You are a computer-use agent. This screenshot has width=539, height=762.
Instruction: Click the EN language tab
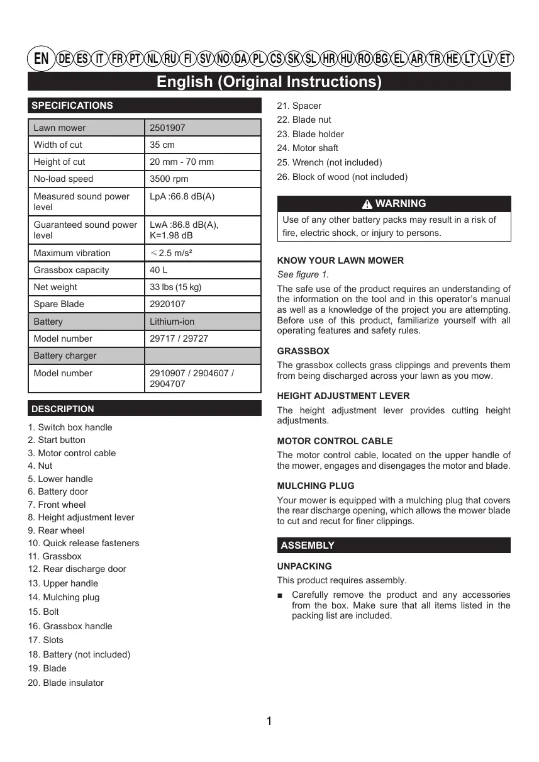click(x=41, y=59)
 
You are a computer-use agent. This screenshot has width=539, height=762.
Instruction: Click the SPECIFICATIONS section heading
click(x=72, y=106)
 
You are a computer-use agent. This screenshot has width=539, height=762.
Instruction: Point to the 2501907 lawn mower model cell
click(x=167, y=128)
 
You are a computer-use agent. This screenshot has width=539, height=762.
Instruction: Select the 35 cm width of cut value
click(x=162, y=145)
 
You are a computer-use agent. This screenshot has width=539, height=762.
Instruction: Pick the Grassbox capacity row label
click(x=71, y=270)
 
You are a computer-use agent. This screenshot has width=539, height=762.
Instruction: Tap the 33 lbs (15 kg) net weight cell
click(x=175, y=287)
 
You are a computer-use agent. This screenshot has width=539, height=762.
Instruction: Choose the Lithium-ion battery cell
click(x=172, y=322)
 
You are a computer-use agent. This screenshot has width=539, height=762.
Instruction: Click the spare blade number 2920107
click(x=167, y=304)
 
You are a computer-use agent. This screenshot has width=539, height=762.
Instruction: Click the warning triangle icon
click(x=367, y=204)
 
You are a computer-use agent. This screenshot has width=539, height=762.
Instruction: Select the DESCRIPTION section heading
click(x=63, y=409)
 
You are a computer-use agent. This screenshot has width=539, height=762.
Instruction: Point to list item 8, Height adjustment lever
click(x=81, y=517)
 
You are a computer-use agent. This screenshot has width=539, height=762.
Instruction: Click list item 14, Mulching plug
click(x=64, y=597)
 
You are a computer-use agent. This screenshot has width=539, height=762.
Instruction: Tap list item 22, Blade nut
click(x=304, y=120)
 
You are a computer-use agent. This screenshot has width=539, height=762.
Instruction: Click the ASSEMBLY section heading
click(x=308, y=546)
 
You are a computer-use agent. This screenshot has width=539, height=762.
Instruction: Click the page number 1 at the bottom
click(x=269, y=721)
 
